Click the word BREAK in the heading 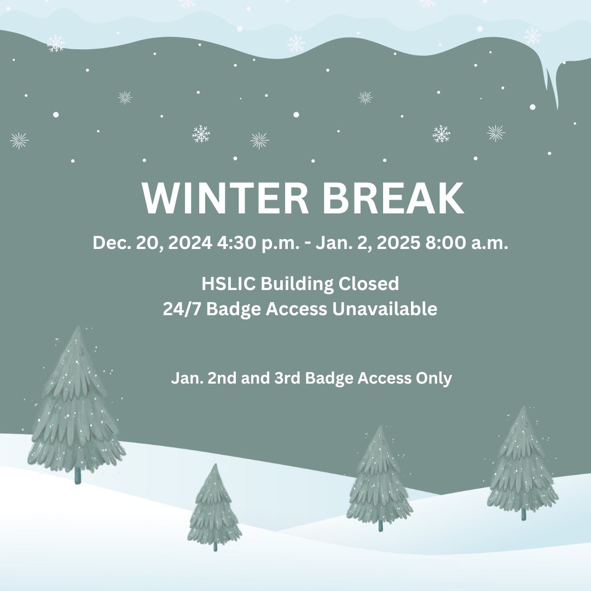393,199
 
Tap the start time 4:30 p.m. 258,243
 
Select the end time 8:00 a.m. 467,243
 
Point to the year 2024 190,243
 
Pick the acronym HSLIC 229,284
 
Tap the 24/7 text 183,309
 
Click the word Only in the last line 435,378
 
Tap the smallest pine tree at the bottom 214,506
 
